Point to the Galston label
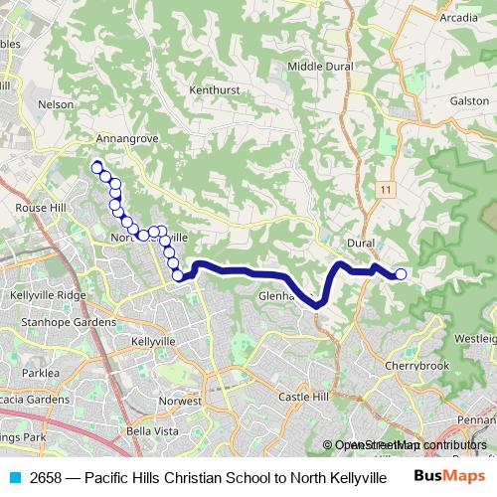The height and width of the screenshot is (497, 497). pyautogui.click(x=469, y=100)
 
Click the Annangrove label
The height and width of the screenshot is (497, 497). pyautogui.click(x=128, y=138)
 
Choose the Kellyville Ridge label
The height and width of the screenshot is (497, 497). pyautogui.click(x=48, y=295)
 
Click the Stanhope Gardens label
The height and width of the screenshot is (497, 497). pyautogui.click(x=69, y=322)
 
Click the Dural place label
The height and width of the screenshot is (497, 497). pyautogui.click(x=361, y=243)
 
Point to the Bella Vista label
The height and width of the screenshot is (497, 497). pyautogui.click(x=152, y=431)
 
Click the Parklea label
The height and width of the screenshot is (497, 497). pyautogui.click(x=42, y=373)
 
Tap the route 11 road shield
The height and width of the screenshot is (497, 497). pyautogui.click(x=384, y=188)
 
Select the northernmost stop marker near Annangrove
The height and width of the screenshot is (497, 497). pyautogui.click(x=96, y=166)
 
